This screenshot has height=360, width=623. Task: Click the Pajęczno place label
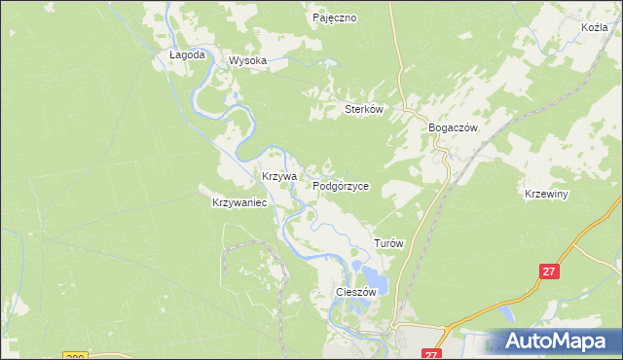[336, 18]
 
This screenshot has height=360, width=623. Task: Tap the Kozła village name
[593, 27]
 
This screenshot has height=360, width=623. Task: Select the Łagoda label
[187, 55]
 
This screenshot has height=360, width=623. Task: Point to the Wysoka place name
[247, 60]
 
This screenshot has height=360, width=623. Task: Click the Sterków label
[366, 110]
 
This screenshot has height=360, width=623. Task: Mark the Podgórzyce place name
[341, 185]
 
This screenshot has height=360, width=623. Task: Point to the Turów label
[389, 243]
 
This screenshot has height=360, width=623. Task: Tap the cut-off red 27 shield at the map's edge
[433, 355]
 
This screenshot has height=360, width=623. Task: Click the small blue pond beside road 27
[506, 313]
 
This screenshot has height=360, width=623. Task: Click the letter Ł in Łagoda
[173, 55]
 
